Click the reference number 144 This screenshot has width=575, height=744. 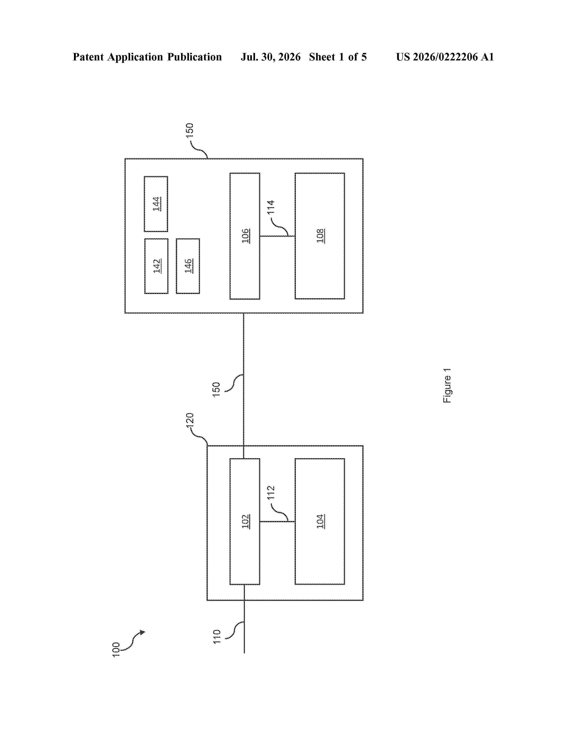click(x=157, y=204)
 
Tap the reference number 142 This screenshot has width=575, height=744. click(x=157, y=266)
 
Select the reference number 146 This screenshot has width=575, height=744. click(x=188, y=266)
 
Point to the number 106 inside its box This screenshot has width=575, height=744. click(x=246, y=236)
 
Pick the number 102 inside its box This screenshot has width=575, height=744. click(x=246, y=521)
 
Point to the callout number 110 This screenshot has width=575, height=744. click(x=217, y=637)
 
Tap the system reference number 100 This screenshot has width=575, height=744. click(x=116, y=650)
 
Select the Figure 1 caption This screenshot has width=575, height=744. click(x=447, y=386)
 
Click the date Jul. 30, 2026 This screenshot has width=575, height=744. click(x=271, y=57)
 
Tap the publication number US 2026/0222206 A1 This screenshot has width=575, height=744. click(x=445, y=57)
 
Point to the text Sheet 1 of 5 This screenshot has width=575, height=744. click(x=338, y=57)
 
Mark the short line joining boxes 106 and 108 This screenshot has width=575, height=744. click(x=277, y=236)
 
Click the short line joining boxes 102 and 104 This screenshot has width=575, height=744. click(x=277, y=521)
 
